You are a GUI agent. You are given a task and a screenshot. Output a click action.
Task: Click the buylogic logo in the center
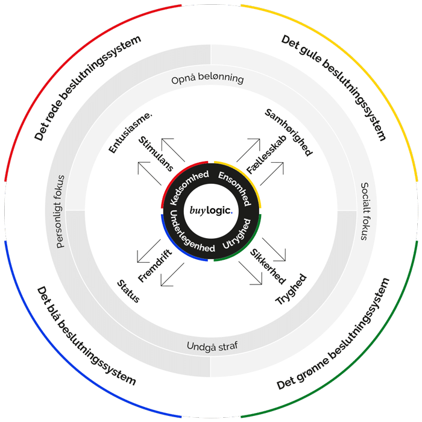[x=210, y=210]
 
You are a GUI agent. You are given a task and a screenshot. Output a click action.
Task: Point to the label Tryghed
[x=291, y=289]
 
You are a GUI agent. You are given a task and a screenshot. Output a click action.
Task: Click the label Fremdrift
[x=155, y=266]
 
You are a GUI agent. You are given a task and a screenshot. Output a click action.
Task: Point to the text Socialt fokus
[x=364, y=212]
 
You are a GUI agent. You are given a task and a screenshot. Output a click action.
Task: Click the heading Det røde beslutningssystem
[x=87, y=88]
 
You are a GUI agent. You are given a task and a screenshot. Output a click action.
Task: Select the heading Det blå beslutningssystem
[x=86, y=335]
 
